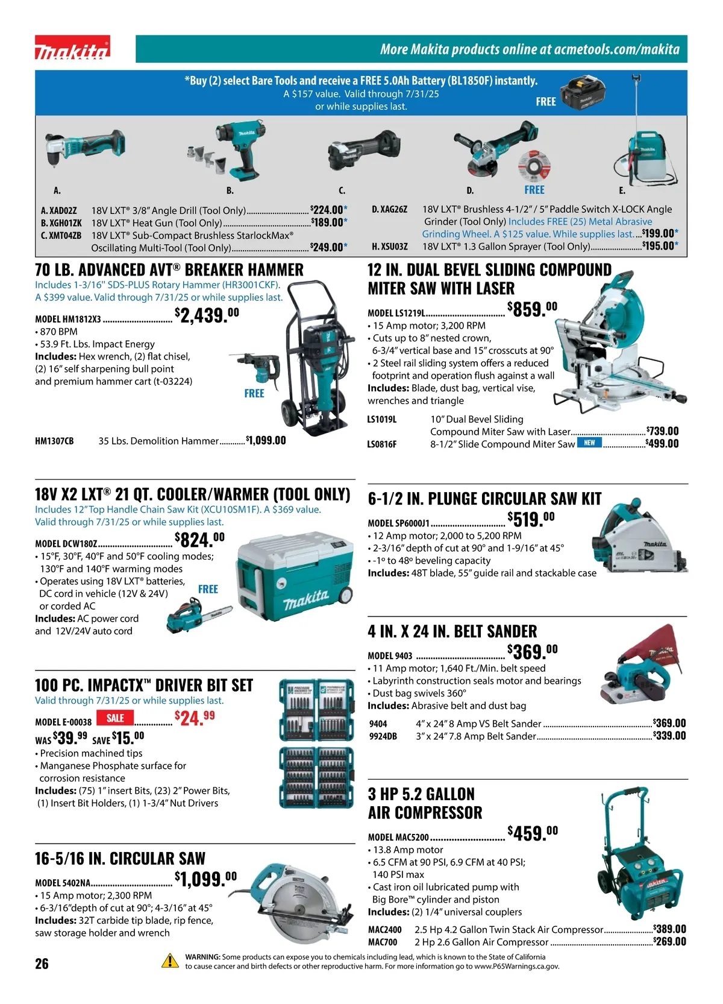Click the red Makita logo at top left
tap(72, 48)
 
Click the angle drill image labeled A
tap(85, 148)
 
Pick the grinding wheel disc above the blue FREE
tap(534, 166)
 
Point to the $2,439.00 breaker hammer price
tap(207, 315)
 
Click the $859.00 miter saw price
tap(533, 309)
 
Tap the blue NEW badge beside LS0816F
tap(589, 443)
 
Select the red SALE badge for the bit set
tap(115, 718)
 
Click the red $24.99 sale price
tap(195, 718)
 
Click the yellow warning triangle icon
tap(171, 961)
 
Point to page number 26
tap(42, 963)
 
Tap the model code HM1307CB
tap(54, 441)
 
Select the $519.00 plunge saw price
tap(531, 519)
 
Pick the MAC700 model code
tap(383, 942)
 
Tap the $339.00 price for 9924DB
tap(669, 736)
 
